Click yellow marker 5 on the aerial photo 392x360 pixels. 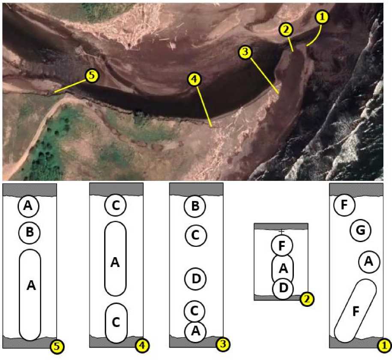click(x=92, y=75)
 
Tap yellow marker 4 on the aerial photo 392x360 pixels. click(x=194, y=79)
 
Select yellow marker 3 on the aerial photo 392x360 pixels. click(x=245, y=52)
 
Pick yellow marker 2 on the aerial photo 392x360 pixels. click(x=286, y=30)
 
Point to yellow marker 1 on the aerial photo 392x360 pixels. click(x=322, y=17)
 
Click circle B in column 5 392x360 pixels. click(x=30, y=232)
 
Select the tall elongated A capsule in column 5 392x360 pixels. click(x=30, y=295)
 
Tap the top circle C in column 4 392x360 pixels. click(x=116, y=205)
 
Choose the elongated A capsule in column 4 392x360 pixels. click(x=115, y=259)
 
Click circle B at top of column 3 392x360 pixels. click(x=195, y=206)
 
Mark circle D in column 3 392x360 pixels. click(x=195, y=279)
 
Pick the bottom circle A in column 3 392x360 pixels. click(x=195, y=332)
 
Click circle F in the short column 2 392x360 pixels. click(x=282, y=246)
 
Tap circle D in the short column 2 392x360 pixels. click(x=283, y=288)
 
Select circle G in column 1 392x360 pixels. click(x=360, y=231)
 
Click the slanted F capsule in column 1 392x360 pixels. click(x=355, y=311)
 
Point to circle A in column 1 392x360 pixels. click(x=369, y=262)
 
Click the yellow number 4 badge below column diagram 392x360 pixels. click(x=142, y=345)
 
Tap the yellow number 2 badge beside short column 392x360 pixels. click(x=307, y=299)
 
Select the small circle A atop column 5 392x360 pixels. click(x=29, y=206)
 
